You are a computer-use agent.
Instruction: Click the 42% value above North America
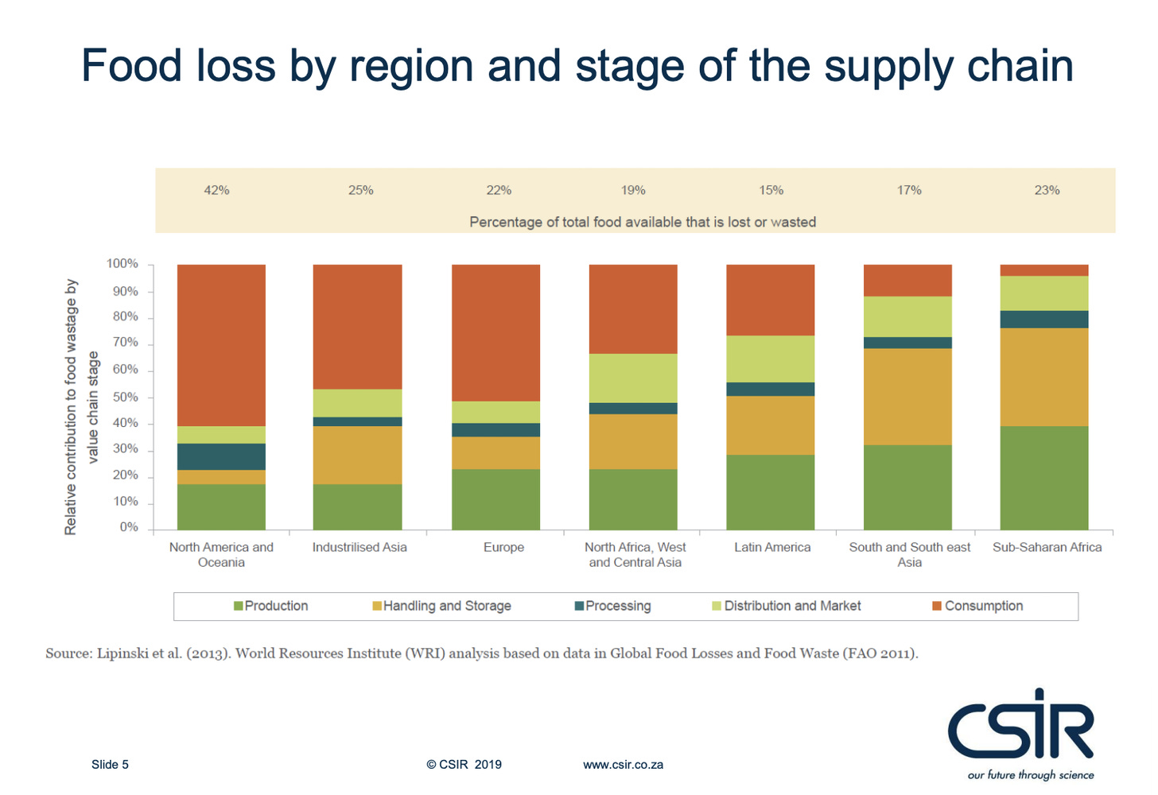tap(216, 191)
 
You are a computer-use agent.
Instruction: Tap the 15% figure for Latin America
tap(771, 191)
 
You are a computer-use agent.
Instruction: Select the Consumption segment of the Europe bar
tap(495, 332)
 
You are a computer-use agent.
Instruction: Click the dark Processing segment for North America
tap(221, 456)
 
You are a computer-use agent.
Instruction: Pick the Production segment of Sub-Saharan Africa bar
tap(1044, 478)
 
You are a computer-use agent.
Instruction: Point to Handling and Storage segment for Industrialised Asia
tap(357, 456)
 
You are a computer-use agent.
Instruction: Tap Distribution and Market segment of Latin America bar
tap(770, 359)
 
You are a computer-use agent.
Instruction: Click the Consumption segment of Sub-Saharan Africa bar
tap(1044, 270)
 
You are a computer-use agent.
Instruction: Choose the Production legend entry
tap(270, 606)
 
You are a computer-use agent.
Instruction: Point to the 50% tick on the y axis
tap(126, 397)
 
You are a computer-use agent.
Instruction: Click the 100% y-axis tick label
tap(122, 264)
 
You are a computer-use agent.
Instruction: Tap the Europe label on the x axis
tap(503, 548)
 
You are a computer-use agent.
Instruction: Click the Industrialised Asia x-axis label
tap(359, 548)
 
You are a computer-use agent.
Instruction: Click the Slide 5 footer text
tap(110, 765)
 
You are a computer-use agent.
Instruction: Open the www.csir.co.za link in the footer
tap(623, 765)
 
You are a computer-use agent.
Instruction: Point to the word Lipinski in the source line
tap(123, 653)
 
